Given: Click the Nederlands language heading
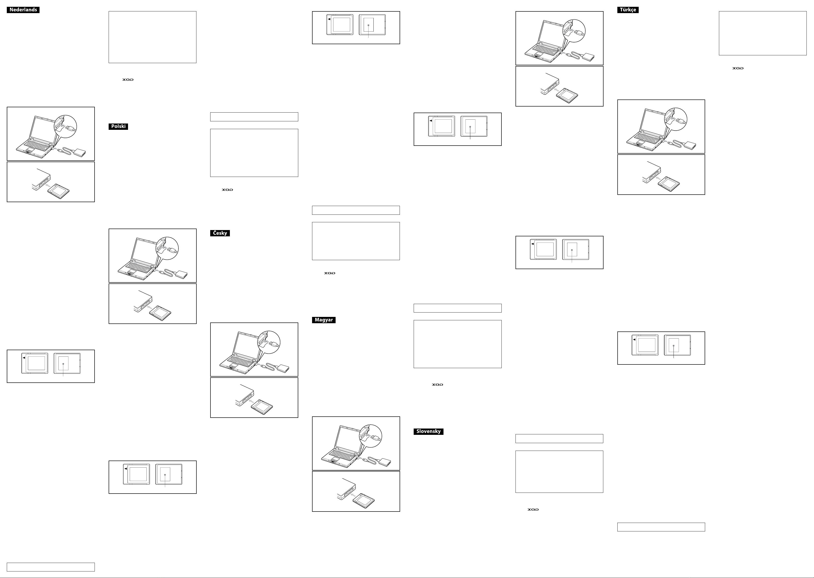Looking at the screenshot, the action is click(x=23, y=10).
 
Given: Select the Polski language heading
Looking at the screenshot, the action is click(x=118, y=126).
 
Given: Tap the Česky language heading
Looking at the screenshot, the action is click(x=220, y=233).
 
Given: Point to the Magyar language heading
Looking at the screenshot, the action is click(x=324, y=320).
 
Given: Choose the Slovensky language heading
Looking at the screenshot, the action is click(x=428, y=431).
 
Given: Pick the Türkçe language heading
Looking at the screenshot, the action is click(x=628, y=10).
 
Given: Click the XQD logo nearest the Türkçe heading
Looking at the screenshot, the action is click(x=738, y=68).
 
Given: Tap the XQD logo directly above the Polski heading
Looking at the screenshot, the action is click(x=128, y=80).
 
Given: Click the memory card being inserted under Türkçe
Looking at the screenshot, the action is click(x=669, y=183).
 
